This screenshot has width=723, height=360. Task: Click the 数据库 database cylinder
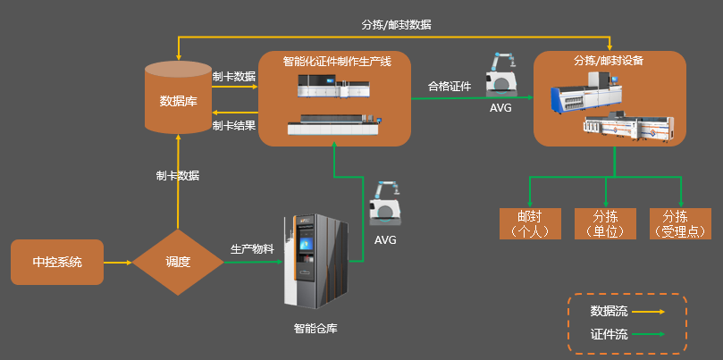tap(179, 96)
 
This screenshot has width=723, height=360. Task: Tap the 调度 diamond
tap(178, 263)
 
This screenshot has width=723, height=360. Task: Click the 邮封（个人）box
tap(530, 223)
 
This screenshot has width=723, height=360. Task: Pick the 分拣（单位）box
tap(606, 223)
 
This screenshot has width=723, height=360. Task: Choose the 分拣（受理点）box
tap(681, 223)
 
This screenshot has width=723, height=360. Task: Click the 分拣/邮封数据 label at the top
tap(396, 25)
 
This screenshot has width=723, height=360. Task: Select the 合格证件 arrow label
tap(450, 87)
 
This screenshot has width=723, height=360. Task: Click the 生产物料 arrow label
tap(252, 249)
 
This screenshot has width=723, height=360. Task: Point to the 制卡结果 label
tap(234, 125)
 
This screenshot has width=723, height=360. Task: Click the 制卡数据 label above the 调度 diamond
tap(178, 176)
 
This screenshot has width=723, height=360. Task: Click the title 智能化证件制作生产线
tap(333, 62)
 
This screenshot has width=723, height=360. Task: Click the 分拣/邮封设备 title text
tap(609, 62)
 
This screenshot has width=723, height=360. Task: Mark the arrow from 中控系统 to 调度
tap(118, 263)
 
